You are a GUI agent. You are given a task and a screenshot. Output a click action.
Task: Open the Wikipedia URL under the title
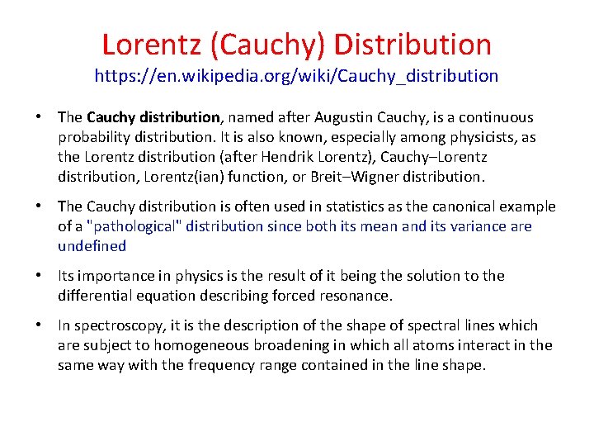pyautogui.click(x=296, y=76)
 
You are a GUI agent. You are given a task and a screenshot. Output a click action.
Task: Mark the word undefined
pyautogui.click(x=92, y=246)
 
